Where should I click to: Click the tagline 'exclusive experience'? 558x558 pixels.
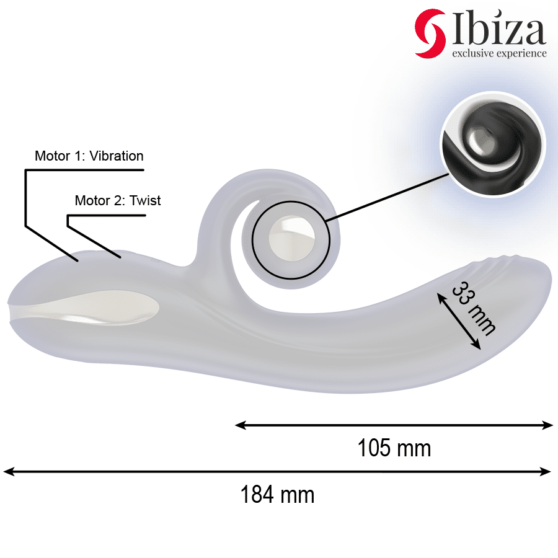pyautogui.click(x=499, y=53)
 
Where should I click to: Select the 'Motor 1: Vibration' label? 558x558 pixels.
pyautogui.click(x=89, y=156)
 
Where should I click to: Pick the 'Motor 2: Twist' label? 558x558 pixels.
pyautogui.click(x=117, y=200)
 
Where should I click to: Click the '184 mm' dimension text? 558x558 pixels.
pyautogui.click(x=277, y=495)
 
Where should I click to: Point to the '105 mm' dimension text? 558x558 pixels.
pyautogui.click(x=394, y=447)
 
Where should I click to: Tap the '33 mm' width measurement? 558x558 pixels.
pyautogui.click(x=474, y=308)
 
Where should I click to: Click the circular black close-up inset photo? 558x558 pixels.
pyautogui.click(x=493, y=144)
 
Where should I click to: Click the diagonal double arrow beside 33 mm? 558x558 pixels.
pyautogui.click(x=459, y=321)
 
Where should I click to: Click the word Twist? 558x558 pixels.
pyautogui.click(x=145, y=200)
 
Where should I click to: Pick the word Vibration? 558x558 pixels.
pyautogui.click(x=117, y=156)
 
